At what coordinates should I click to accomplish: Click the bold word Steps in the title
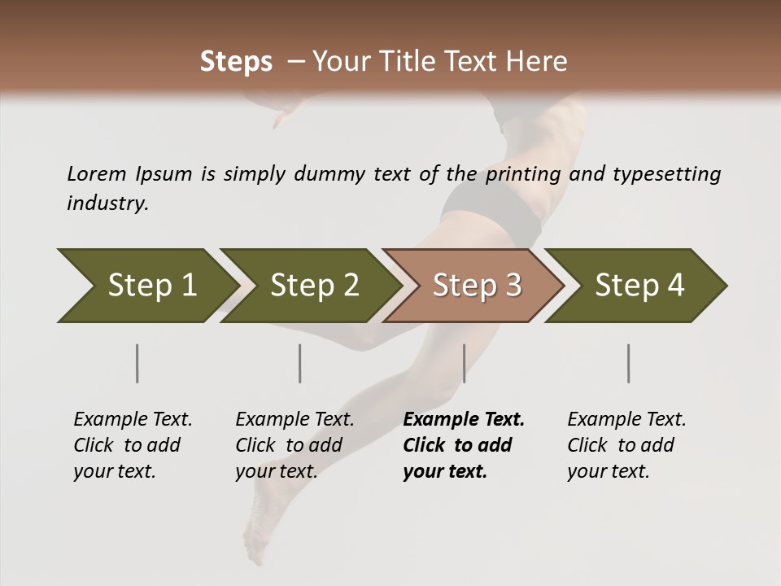click(x=236, y=62)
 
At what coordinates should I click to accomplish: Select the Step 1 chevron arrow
click(x=146, y=286)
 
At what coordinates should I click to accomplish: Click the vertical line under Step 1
click(x=137, y=363)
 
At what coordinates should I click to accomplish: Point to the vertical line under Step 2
click(x=300, y=363)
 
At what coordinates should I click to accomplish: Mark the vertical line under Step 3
click(x=464, y=363)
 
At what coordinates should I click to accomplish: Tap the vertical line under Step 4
click(x=629, y=363)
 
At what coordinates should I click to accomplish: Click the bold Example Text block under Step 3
click(x=464, y=445)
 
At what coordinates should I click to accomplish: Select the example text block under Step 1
click(x=133, y=445)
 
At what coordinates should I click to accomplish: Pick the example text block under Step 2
click(x=295, y=445)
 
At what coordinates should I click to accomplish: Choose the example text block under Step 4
click(x=626, y=445)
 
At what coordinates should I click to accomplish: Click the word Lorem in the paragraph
click(x=97, y=173)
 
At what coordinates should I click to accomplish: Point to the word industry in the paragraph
click(x=107, y=203)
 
